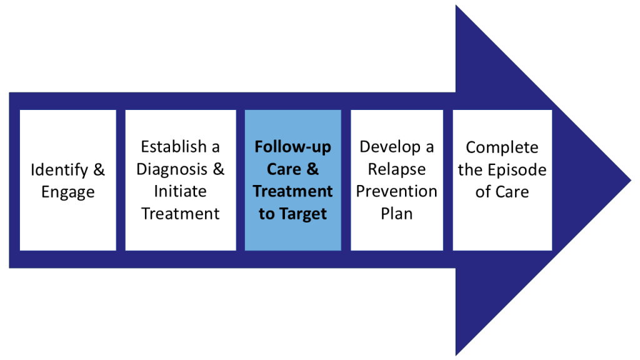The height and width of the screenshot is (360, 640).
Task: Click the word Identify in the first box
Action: pyautogui.click(x=56, y=170)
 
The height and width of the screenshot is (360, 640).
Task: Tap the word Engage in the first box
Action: pyautogui.click(x=67, y=192)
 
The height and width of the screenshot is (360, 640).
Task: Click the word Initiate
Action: pyautogui.click(x=180, y=191)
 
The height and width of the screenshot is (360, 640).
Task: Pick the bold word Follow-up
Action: pyautogui.click(x=292, y=147)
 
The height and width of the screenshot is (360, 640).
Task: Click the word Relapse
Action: pyautogui.click(x=396, y=169)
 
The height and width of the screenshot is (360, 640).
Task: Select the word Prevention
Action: pyautogui.click(x=396, y=191)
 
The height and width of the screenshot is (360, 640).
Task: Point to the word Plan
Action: pyautogui.click(x=396, y=214)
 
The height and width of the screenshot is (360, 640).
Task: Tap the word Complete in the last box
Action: pyautogui.click(x=502, y=147)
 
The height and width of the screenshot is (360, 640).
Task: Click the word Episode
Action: pyautogui.click(x=517, y=169)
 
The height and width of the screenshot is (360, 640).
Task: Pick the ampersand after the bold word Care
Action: pyautogui.click(x=312, y=169)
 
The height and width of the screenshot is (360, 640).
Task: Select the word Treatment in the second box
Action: pyautogui.click(x=180, y=214)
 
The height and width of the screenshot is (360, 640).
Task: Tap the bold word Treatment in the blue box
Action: pyautogui.click(x=292, y=191)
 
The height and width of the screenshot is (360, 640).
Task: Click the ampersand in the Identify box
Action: pyautogui.click(x=99, y=170)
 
